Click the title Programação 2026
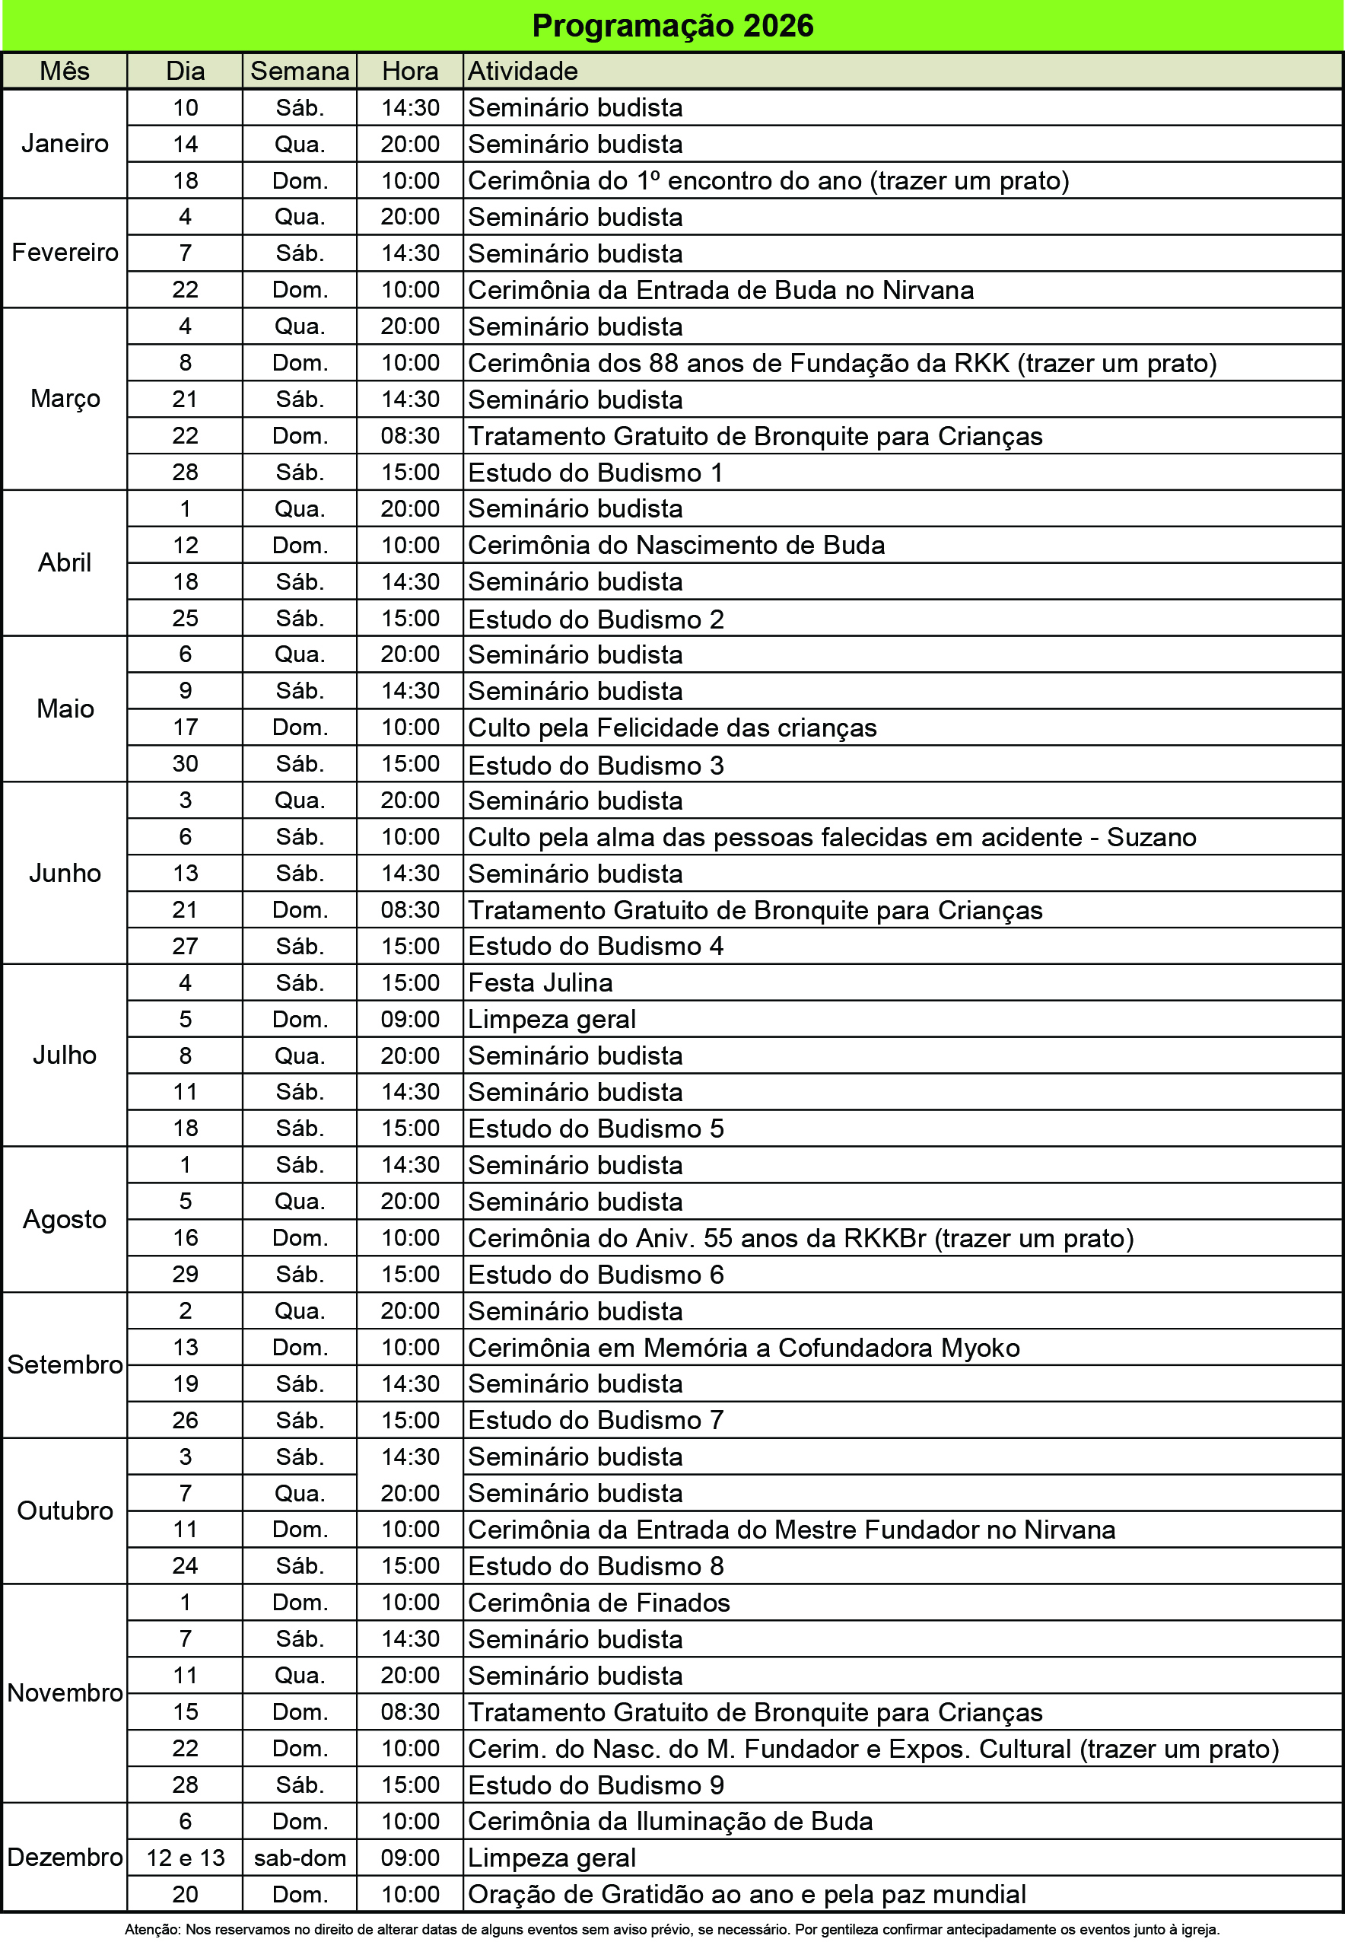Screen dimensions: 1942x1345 (x=672, y=26)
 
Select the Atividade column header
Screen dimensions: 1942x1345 (x=523, y=71)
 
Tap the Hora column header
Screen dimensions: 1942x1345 (x=409, y=71)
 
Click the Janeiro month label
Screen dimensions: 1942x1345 (x=65, y=143)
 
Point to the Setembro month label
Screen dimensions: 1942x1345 (x=65, y=1364)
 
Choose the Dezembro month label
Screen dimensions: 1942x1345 (x=65, y=1857)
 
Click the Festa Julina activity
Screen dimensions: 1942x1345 (x=540, y=983)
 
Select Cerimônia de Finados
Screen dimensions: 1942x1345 (x=599, y=1603)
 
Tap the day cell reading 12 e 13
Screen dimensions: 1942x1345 (x=186, y=1858)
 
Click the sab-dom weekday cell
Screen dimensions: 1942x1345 (x=300, y=1858)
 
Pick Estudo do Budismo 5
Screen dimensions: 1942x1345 (x=596, y=1129)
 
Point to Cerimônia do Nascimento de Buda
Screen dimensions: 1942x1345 (x=676, y=546)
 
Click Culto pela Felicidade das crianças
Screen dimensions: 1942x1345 (x=672, y=727)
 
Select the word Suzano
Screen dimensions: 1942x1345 (x=1151, y=837)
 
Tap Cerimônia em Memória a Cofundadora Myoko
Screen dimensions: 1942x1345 (x=743, y=1348)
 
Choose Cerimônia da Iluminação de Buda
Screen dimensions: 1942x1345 (x=670, y=1822)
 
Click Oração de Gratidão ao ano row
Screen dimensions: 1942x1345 (x=746, y=1894)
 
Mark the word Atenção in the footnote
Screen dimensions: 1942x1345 (x=151, y=1929)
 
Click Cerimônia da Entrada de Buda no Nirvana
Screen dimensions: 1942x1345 (x=720, y=290)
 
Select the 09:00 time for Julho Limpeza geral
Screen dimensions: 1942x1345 (x=409, y=1019)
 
